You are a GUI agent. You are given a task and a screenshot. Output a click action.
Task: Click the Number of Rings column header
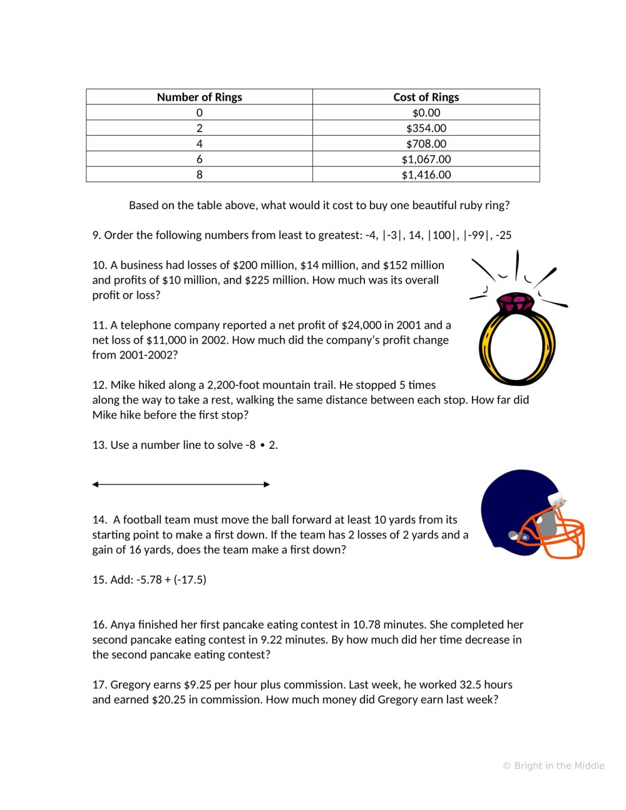[199, 97]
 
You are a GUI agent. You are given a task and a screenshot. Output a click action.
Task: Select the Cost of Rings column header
[426, 97]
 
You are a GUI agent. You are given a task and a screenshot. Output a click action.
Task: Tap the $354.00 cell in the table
[426, 128]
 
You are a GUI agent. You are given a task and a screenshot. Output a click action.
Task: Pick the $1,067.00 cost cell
[426, 160]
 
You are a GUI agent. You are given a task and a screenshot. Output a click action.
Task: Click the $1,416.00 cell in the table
[426, 175]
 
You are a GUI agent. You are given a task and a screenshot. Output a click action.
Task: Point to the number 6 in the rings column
[199, 160]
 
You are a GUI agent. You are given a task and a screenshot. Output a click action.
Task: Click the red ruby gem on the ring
[516, 304]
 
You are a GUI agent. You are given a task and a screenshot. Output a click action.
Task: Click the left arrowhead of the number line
[96, 484]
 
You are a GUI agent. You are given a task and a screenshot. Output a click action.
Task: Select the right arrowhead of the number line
[267, 484]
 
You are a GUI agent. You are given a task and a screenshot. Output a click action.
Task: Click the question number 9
[96, 235]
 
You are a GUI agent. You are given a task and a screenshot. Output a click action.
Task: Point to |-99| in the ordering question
[476, 235]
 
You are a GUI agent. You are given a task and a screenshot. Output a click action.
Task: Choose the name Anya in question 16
[123, 625]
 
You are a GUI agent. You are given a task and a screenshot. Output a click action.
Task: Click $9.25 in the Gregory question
[196, 685]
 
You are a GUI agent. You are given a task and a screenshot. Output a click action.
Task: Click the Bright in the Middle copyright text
[553, 766]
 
